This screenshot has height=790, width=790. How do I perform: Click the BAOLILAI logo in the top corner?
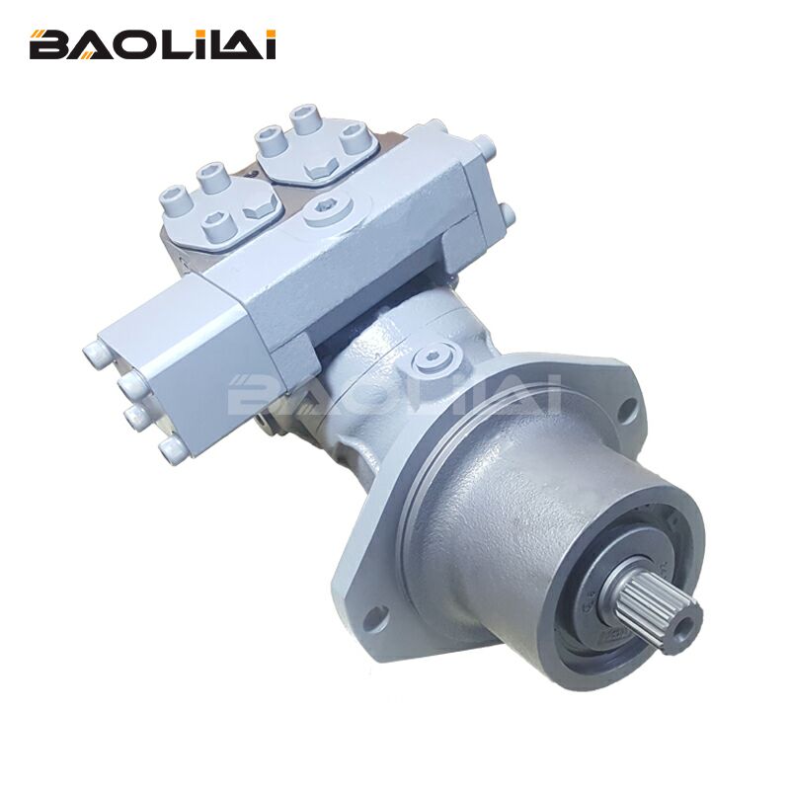tap(152, 44)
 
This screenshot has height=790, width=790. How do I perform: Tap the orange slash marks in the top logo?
tap(38, 37)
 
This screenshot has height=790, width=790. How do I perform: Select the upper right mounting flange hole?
tap(626, 406)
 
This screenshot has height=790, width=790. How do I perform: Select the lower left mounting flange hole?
tap(372, 618)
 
